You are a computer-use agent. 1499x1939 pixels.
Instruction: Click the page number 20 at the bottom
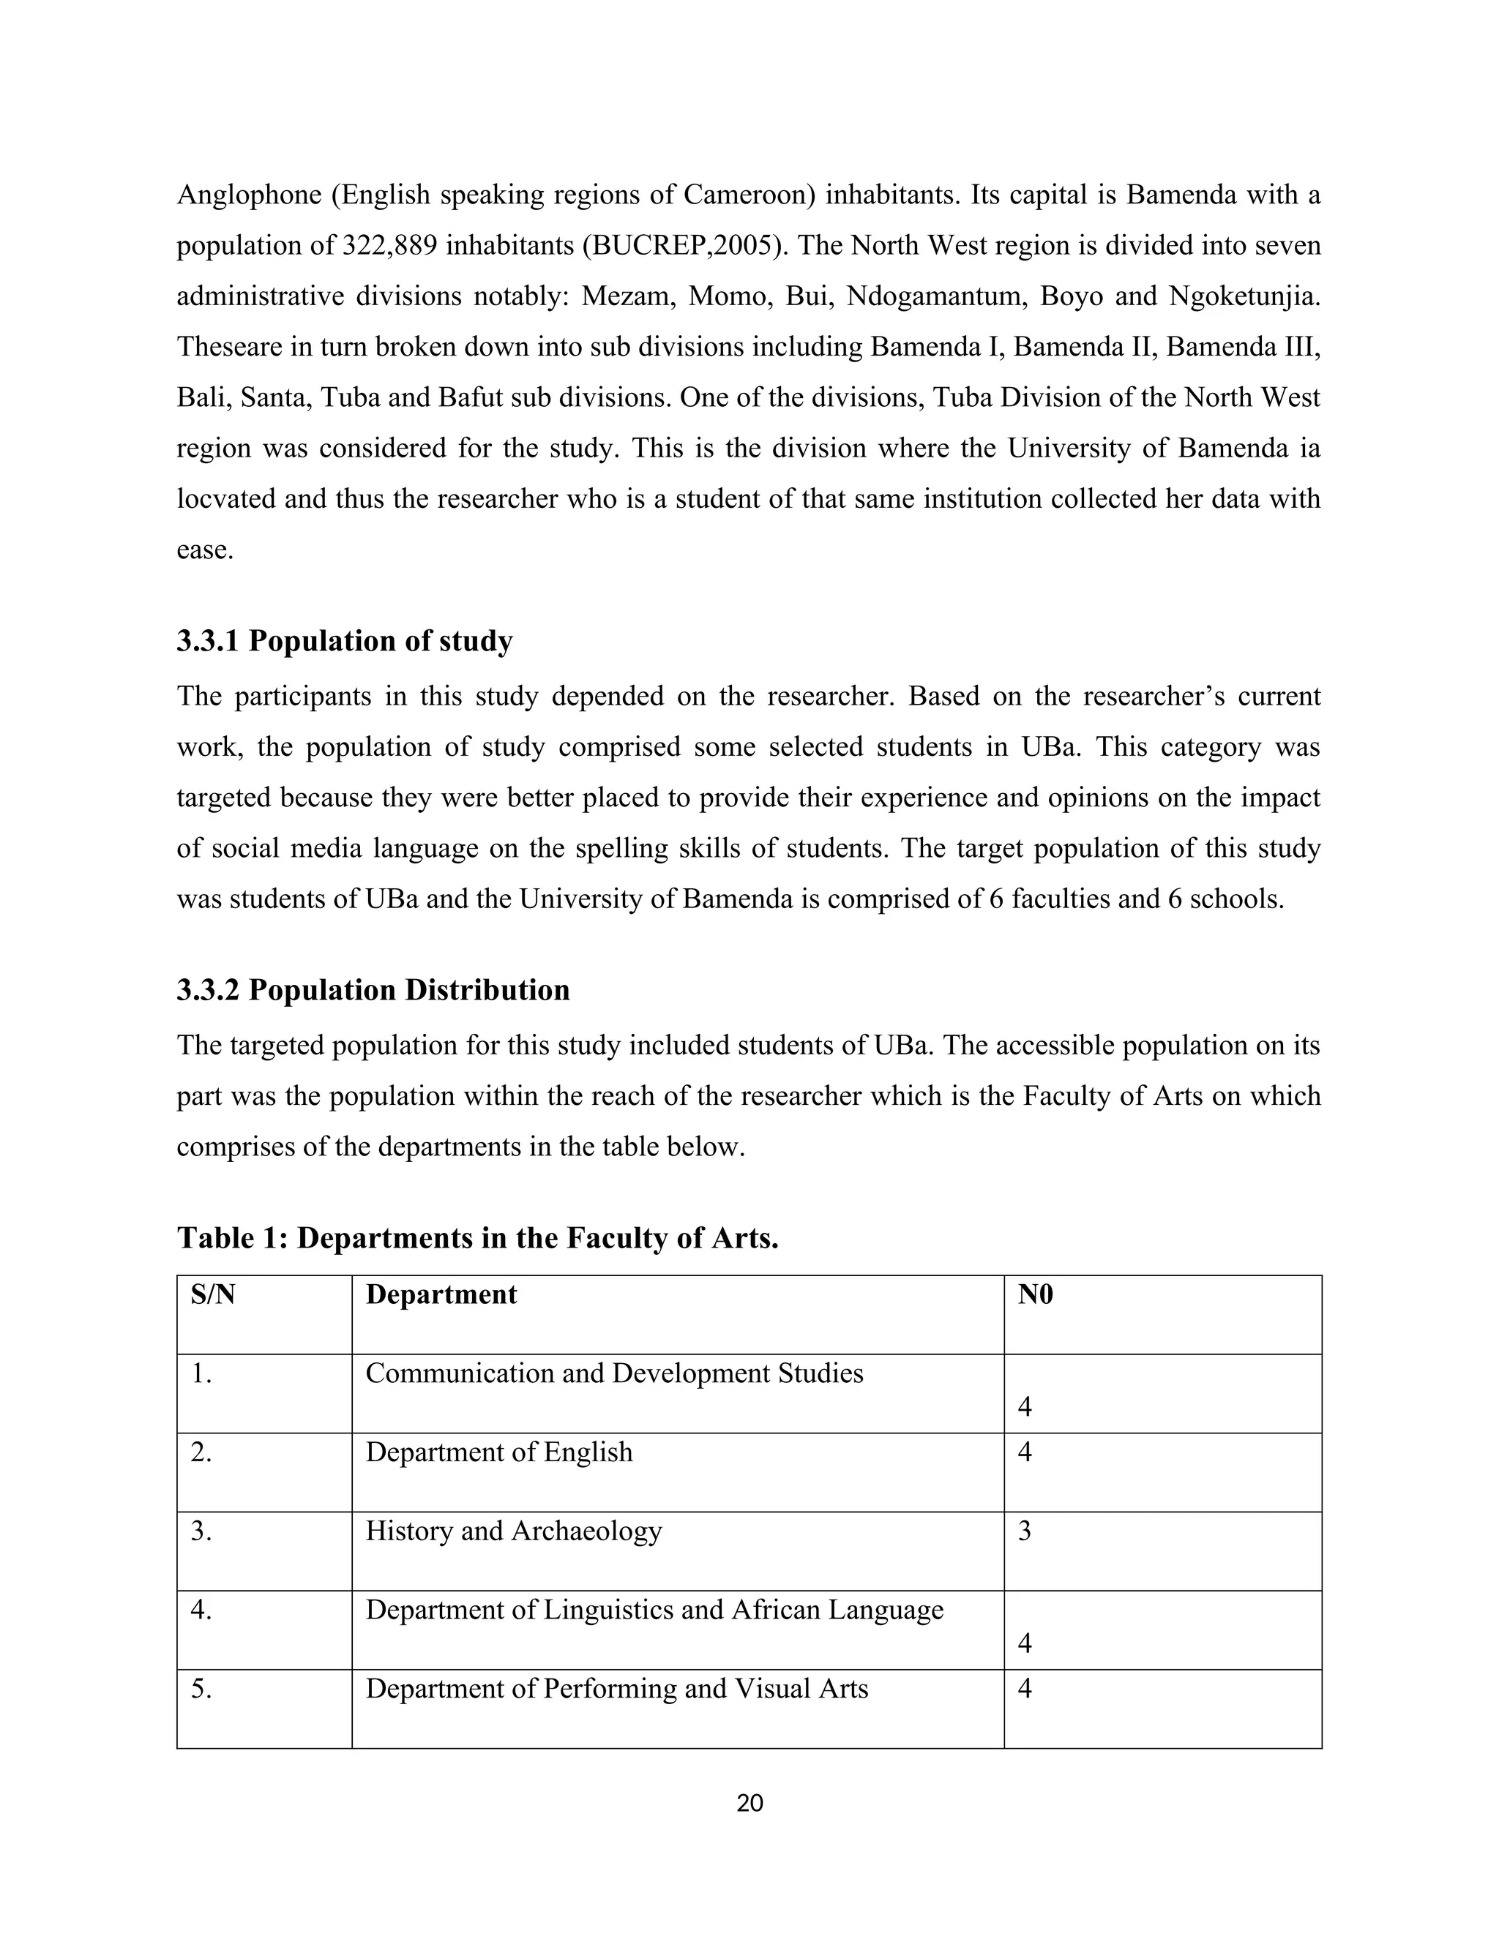749,1803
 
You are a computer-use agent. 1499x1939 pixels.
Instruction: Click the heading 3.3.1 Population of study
345,641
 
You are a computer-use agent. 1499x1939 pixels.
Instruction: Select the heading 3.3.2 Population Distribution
373,990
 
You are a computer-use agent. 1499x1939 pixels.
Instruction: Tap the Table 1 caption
478,1237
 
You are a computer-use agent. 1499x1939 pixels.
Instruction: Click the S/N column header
213,1294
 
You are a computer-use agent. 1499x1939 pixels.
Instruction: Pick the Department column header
441,1294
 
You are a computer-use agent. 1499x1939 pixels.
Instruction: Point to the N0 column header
1036,1294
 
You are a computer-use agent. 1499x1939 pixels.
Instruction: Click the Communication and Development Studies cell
615,1373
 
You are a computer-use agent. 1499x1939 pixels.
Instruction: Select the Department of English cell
499,1452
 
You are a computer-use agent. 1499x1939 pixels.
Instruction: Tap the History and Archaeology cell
513,1531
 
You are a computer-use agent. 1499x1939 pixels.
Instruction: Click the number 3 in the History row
1025,1531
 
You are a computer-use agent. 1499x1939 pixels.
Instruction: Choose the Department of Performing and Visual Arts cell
616,1689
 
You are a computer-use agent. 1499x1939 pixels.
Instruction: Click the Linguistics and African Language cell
654,1610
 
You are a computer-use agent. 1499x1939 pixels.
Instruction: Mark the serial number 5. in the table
201,1689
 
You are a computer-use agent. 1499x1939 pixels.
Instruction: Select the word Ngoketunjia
1244,296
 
